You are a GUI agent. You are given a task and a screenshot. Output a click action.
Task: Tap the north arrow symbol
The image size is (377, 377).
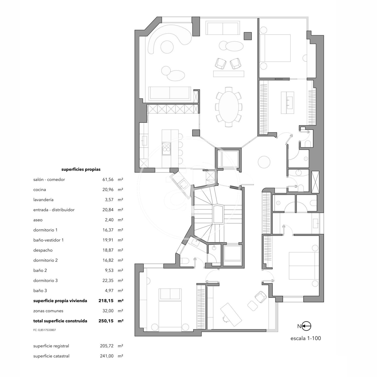[306, 326]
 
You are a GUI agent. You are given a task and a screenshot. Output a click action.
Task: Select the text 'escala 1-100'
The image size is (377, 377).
[306, 338]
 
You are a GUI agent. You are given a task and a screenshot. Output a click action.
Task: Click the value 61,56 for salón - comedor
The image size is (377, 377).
[108, 179]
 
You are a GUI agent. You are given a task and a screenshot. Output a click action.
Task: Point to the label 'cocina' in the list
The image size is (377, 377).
[40, 190]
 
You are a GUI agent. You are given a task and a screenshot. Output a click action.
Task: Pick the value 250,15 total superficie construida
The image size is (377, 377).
[106, 321]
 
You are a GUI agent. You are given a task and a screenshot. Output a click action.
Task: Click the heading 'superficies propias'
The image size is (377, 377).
[81, 169]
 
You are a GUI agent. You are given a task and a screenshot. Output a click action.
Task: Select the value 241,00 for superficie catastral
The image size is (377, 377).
[107, 356]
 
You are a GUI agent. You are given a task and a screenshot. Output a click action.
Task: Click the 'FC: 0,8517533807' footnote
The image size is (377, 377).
[44, 330]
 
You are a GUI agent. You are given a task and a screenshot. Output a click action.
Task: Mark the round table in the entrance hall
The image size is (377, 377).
[264, 162]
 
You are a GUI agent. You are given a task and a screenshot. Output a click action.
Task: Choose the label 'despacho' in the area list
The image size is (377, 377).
[43, 250]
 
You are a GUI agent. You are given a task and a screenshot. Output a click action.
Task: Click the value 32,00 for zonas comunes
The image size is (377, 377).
[108, 311]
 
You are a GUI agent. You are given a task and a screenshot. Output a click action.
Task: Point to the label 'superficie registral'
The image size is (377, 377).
[51, 346]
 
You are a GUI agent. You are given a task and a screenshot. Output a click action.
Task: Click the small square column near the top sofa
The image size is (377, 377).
[248, 36]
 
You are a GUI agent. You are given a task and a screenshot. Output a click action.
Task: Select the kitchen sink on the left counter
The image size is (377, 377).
[144, 140]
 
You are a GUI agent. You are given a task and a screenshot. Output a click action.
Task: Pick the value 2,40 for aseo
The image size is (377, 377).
[109, 220]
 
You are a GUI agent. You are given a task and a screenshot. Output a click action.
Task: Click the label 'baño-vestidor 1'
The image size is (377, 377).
[48, 240]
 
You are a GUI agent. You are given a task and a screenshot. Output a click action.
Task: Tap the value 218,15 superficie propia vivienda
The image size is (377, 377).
[106, 301]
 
